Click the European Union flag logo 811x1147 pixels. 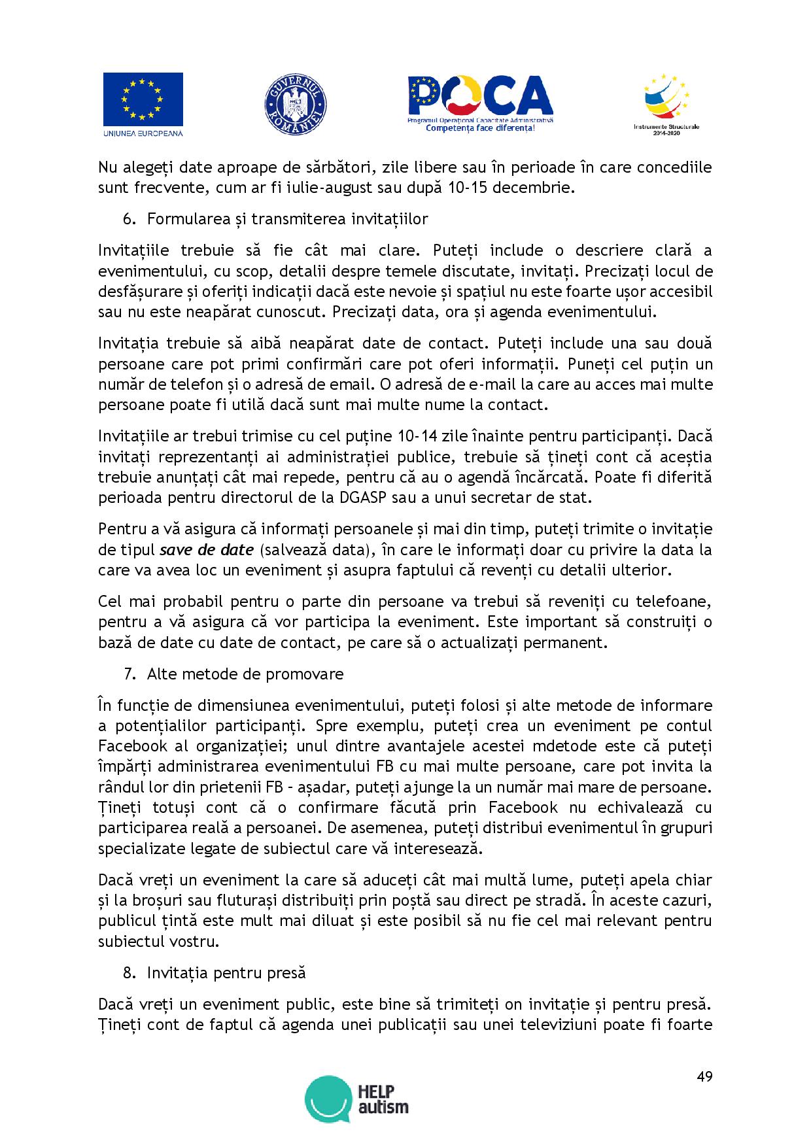point(143,99)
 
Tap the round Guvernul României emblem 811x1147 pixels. point(295,105)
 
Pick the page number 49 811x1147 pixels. point(704,1076)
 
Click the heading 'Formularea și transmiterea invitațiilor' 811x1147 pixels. point(287,218)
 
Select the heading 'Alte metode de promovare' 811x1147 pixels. point(245,674)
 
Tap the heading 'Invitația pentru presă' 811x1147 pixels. point(226,972)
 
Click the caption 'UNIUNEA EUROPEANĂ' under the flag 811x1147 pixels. point(143,133)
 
